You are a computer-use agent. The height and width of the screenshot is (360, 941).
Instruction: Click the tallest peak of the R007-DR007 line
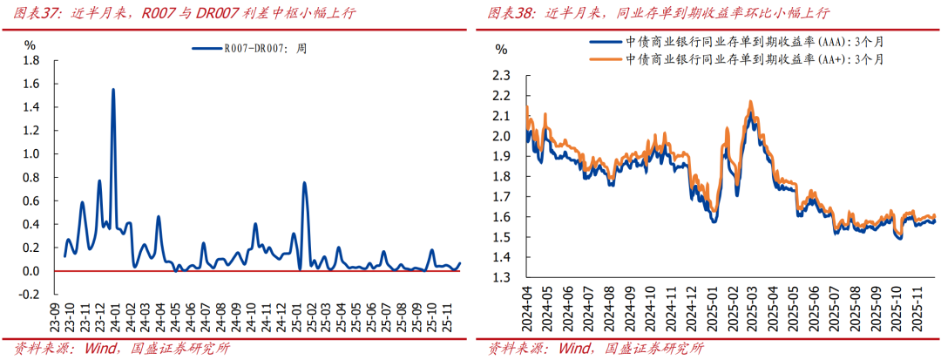pyautogui.click(x=113, y=90)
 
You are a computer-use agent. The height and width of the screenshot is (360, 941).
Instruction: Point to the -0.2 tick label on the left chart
pyautogui.click(x=29, y=295)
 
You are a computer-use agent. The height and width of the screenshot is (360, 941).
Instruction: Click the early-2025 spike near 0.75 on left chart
pyautogui.click(x=304, y=183)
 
